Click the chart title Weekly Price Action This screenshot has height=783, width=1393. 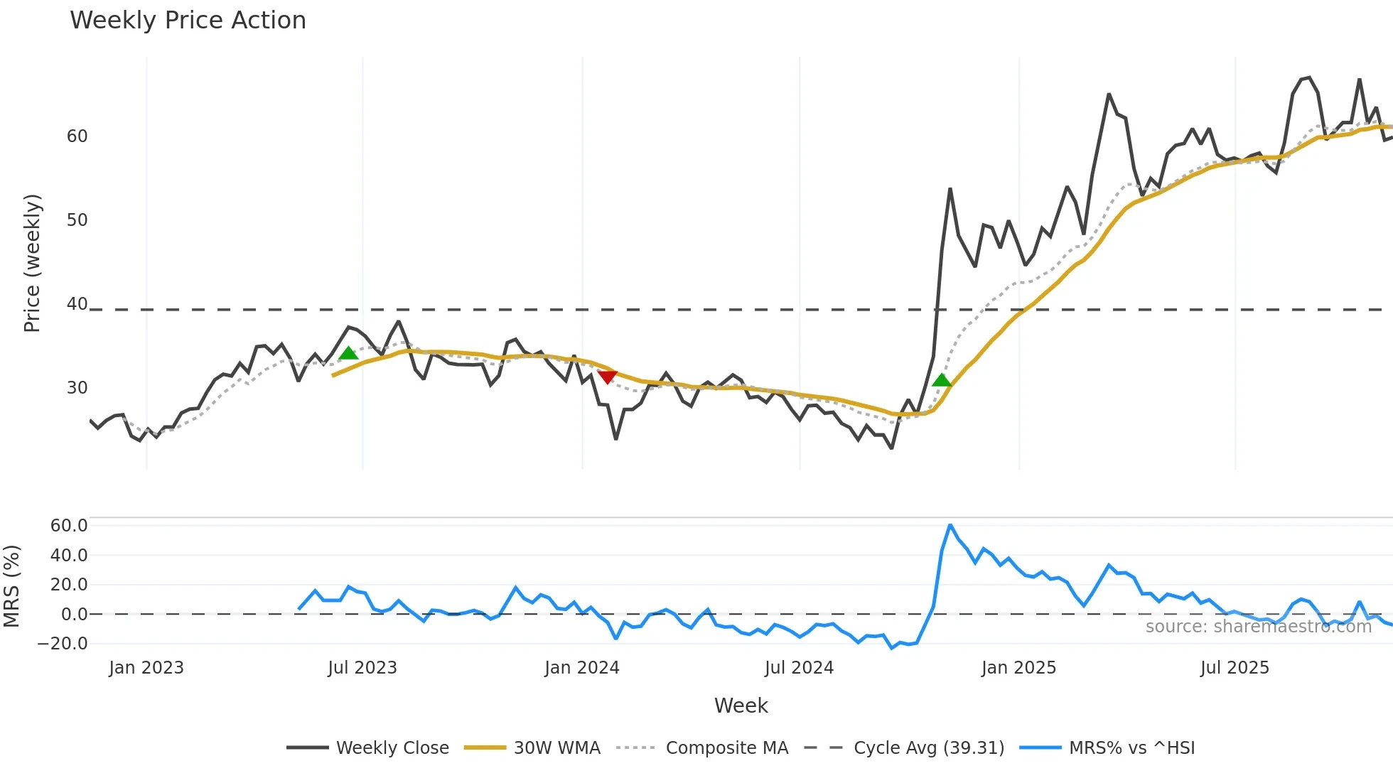188,21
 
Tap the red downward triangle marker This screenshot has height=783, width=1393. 607,377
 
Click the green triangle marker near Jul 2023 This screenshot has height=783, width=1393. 348,353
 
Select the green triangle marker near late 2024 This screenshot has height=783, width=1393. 942,380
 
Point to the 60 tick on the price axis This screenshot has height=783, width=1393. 77,136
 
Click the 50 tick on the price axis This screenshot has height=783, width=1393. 77,220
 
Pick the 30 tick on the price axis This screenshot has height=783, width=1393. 77,388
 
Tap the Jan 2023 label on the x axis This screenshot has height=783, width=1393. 146,668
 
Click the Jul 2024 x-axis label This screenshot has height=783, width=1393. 799,668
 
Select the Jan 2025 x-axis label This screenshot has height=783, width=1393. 1018,668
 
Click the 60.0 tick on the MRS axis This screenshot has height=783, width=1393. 68,526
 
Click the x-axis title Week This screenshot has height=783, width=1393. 741,706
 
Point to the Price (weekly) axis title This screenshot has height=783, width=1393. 32,263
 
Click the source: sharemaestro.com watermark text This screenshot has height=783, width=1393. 1258,627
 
